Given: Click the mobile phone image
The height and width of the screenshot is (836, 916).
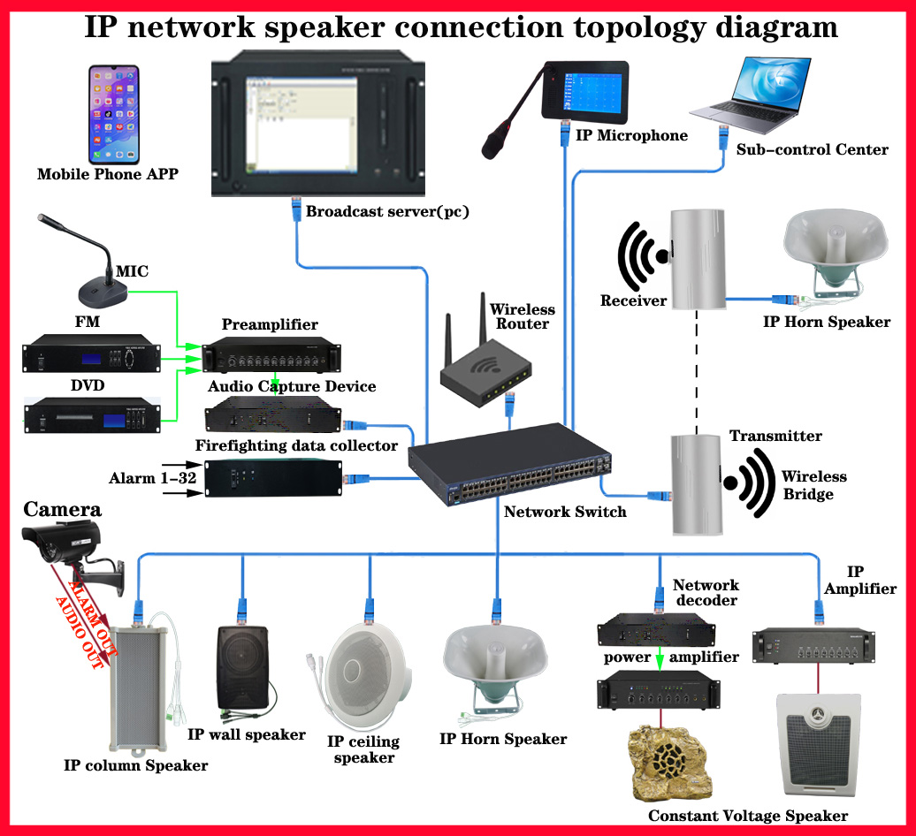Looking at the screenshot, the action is [114, 114].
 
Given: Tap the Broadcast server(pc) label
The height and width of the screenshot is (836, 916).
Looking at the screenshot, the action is [387, 211].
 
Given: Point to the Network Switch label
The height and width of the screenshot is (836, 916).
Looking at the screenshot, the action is [565, 512].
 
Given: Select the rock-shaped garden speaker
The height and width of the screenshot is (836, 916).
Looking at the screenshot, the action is [670, 763].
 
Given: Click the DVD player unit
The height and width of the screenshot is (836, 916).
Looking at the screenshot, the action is [92, 415].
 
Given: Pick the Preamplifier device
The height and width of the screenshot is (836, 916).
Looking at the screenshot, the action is [271, 355].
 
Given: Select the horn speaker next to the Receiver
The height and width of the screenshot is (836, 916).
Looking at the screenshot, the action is [835, 254].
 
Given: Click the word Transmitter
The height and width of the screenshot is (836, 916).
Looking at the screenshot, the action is [775, 436].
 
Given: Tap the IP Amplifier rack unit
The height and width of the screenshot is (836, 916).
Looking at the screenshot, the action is [813, 646].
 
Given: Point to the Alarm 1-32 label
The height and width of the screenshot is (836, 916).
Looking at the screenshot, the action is [152, 478].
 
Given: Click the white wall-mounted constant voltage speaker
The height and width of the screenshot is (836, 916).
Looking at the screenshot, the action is [819, 744].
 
